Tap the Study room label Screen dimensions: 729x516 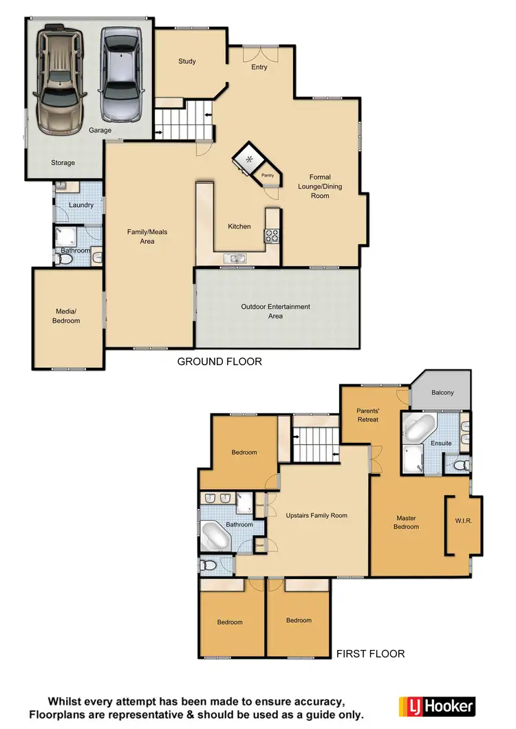[187, 61]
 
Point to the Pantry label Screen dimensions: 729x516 [268, 175]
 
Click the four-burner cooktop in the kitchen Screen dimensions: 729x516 [272, 236]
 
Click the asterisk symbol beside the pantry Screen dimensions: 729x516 [249, 160]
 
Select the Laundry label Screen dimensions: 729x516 [80, 205]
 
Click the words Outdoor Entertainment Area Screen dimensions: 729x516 [275, 311]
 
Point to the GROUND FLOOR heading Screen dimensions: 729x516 [219, 361]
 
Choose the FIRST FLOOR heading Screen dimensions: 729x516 [370, 653]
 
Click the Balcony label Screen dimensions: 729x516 [442, 393]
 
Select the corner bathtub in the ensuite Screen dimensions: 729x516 [420, 428]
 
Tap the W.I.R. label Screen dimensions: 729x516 [463, 521]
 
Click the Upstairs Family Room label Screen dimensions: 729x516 [316, 515]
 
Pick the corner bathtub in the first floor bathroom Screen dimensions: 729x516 [217, 534]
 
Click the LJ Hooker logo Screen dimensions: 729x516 [437, 706]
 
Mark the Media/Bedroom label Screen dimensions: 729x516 [67, 316]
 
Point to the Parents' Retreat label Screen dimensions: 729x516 [368, 415]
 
